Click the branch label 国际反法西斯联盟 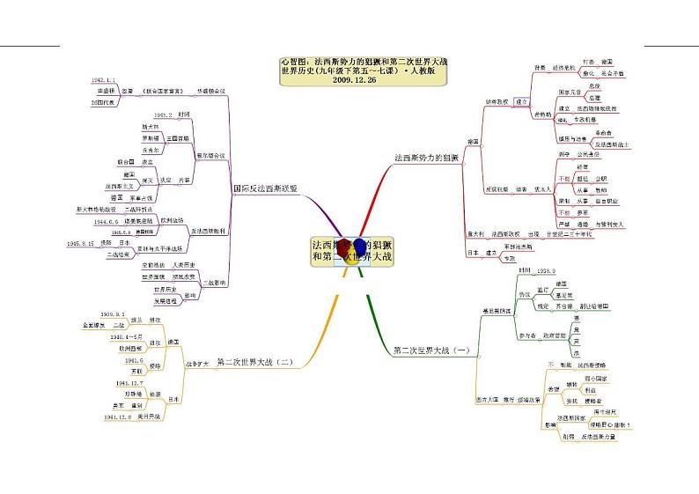point(264,188)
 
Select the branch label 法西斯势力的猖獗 point(427,158)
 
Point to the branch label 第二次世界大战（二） point(254,361)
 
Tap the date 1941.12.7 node point(116,384)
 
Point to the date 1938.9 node point(547,270)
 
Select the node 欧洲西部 point(123,349)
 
